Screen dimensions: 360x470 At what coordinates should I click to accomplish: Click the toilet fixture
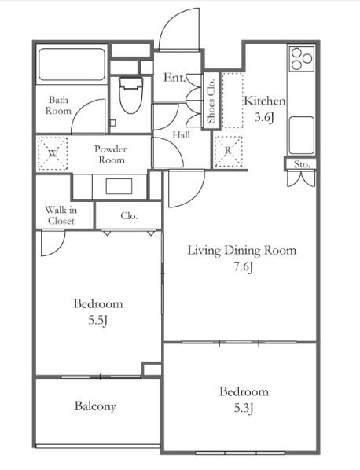(x=130, y=95)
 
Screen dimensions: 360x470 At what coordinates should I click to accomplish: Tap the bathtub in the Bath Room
(x=72, y=64)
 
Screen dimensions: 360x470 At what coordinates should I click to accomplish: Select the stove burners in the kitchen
(x=302, y=58)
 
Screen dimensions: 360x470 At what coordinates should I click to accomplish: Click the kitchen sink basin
(x=302, y=135)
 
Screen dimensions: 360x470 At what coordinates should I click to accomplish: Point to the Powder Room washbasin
(x=119, y=186)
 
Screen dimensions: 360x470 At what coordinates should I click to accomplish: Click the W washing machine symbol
(x=53, y=154)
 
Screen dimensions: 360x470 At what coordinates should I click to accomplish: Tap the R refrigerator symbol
(x=229, y=151)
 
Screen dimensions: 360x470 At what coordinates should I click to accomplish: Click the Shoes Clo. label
(x=211, y=101)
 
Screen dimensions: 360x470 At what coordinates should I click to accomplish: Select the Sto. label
(x=301, y=164)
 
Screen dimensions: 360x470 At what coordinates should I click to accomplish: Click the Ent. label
(x=174, y=78)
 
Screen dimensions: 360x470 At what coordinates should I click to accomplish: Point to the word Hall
(x=181, y=135)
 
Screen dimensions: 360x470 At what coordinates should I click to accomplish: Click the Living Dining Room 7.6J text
(x=242, y=258)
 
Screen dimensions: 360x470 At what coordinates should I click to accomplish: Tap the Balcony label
(x=95, y=406)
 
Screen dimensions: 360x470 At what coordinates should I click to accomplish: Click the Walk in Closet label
(x=61, y=215)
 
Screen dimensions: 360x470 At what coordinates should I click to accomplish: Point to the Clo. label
(x=129, y=216)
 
